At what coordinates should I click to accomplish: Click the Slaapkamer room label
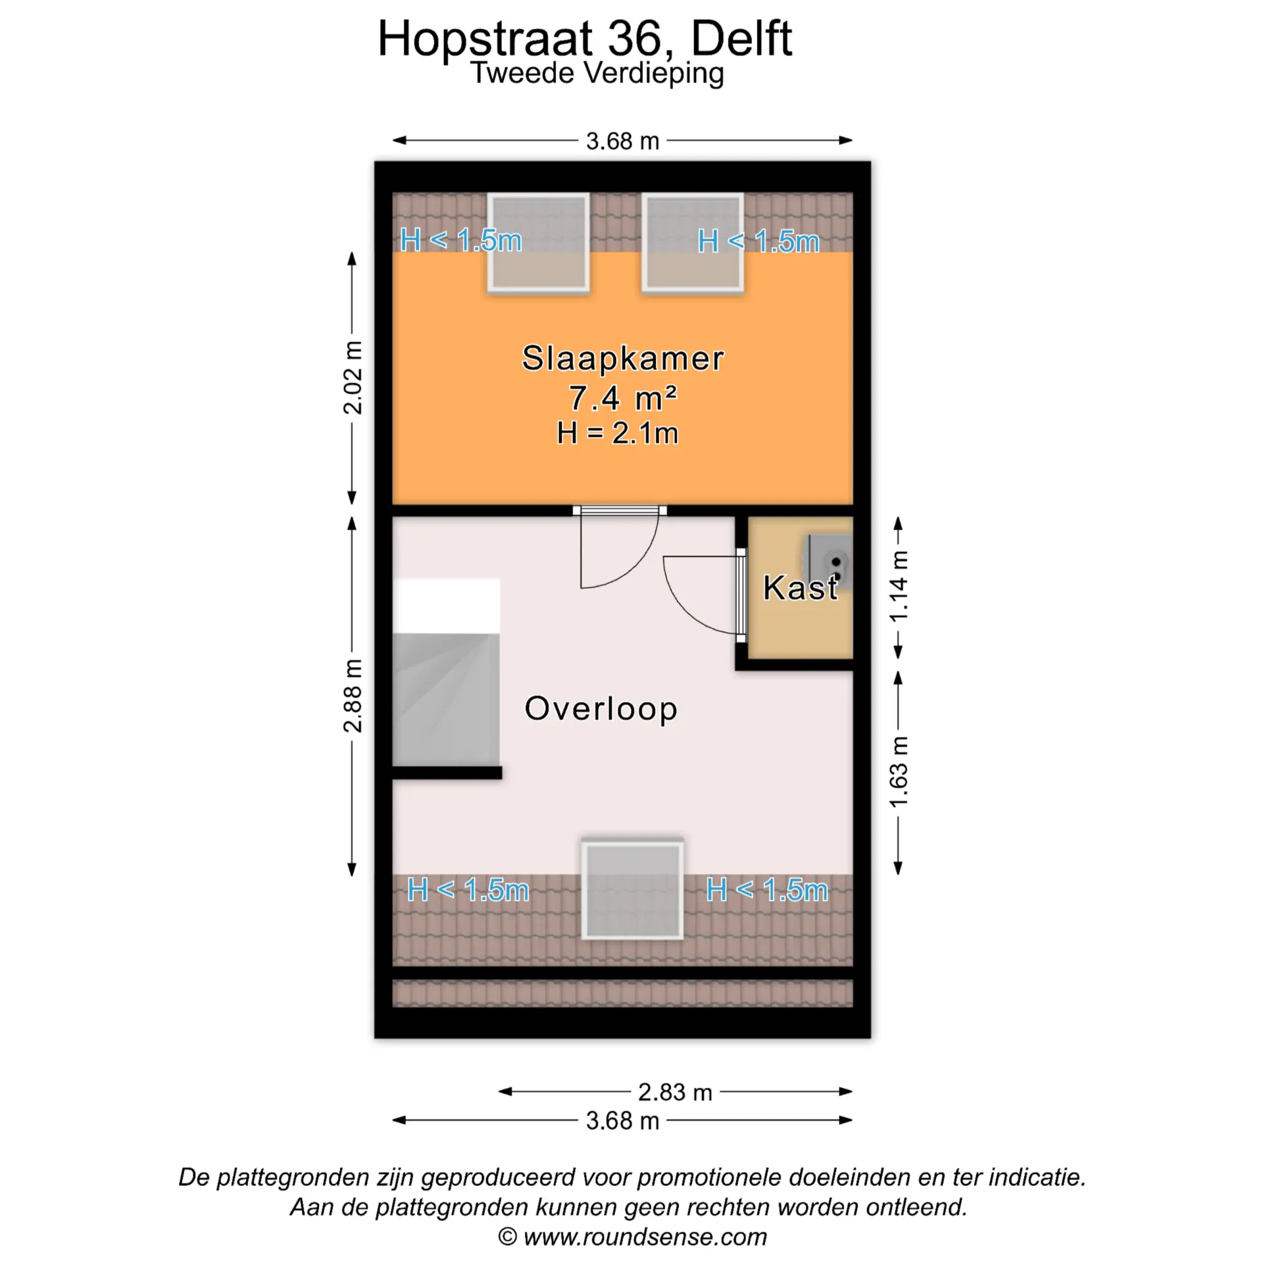622,359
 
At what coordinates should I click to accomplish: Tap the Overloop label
601,708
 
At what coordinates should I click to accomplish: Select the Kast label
800,587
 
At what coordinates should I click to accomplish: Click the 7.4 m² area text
622,398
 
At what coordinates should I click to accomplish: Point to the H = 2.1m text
617,433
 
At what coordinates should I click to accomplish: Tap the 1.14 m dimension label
899,586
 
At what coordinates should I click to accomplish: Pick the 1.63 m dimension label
899,772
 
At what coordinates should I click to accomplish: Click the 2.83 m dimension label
675,1092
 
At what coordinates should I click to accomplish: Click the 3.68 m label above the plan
622,141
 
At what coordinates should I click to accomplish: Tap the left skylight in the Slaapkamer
538,242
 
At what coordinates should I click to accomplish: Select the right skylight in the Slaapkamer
693,242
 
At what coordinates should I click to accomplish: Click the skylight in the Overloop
632,889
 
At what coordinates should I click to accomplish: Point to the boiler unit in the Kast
829,562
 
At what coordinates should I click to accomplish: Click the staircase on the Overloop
446,672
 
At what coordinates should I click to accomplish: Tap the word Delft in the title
741,39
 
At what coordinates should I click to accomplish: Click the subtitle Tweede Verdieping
597,73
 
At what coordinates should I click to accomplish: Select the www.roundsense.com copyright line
632,1237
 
